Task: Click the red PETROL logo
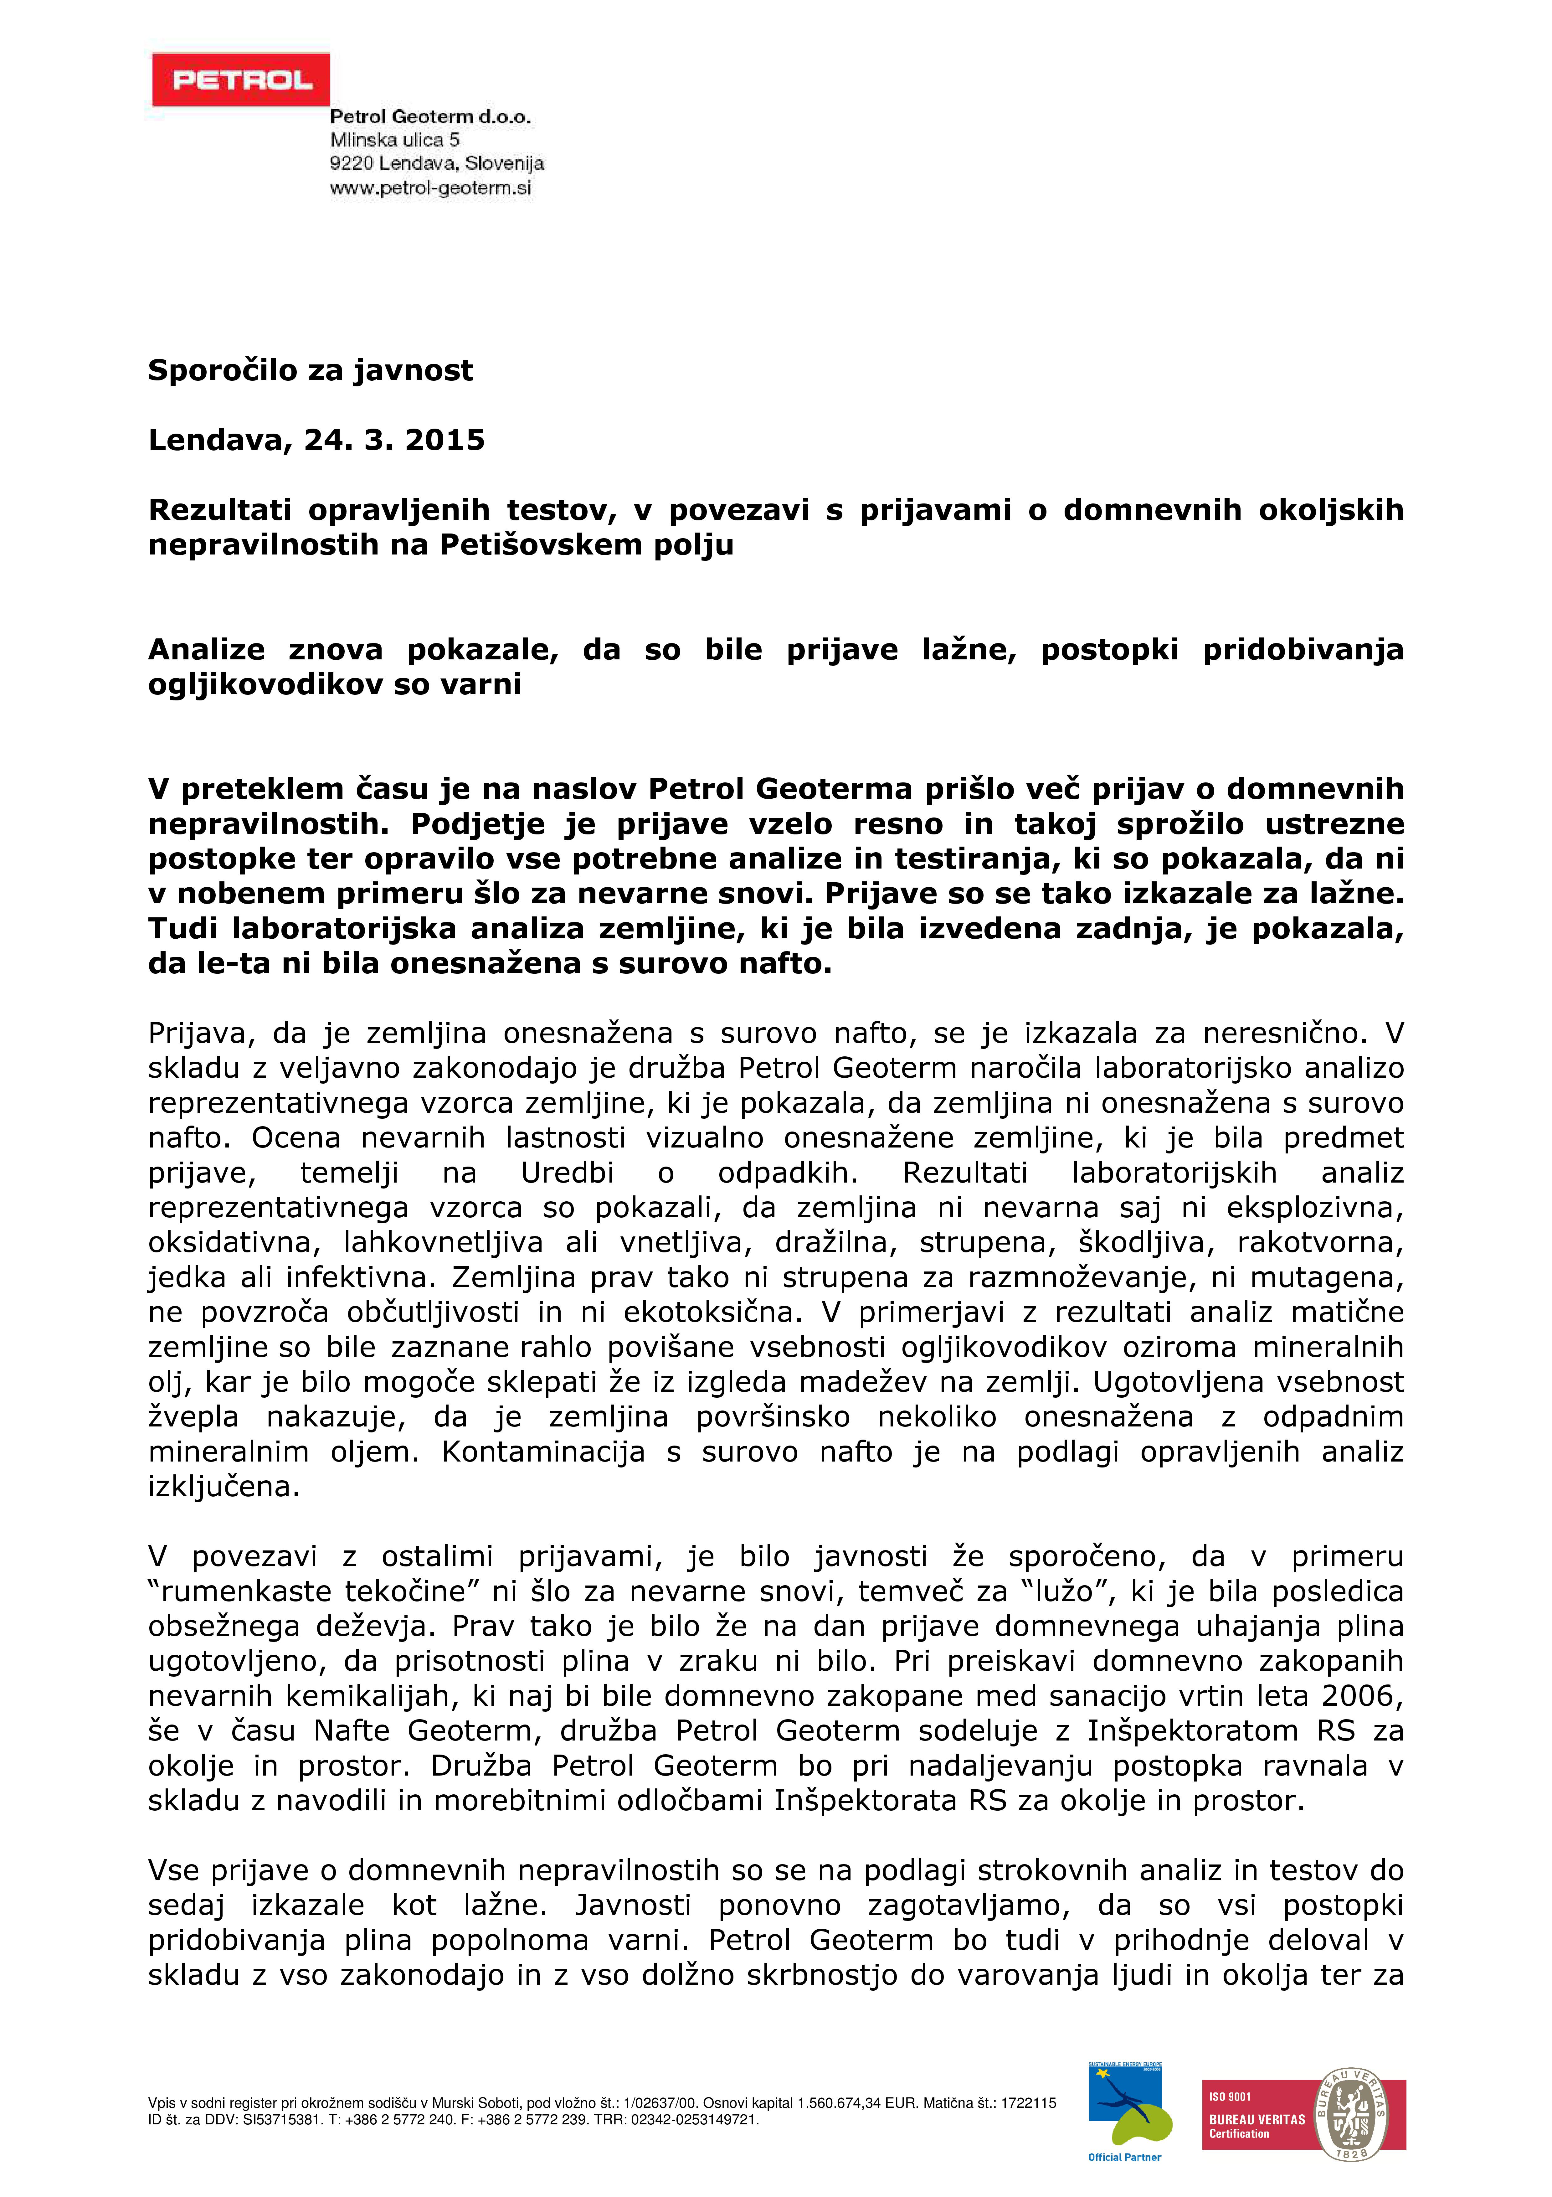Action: (x=240, y=80)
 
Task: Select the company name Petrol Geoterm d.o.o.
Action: (x=429, y=118)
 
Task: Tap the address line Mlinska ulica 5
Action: (x=394, y=141)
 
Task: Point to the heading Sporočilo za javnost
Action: (x=310, y=370)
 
